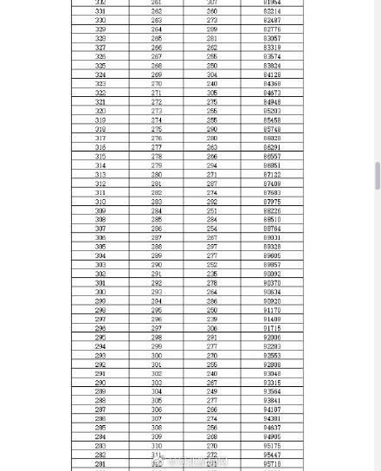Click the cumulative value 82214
(272, 11)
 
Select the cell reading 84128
(272, 74)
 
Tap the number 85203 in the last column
(272, 111)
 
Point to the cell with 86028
(272, 139)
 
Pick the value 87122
(272, 175)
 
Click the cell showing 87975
(272, 202)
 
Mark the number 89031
(272, 238)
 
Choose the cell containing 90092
(272, 274)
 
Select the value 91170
(272, 310)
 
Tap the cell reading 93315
(272, 383)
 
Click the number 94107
(272, 410)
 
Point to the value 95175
(272, 446)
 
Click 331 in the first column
(100, 11)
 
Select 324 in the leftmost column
(100, 74)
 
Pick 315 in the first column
(100, 157)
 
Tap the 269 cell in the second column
(157, 74)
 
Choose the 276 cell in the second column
(157, 139)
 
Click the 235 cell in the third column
(212, 274)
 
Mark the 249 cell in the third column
(212, 391)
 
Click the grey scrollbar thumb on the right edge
(378, 176)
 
